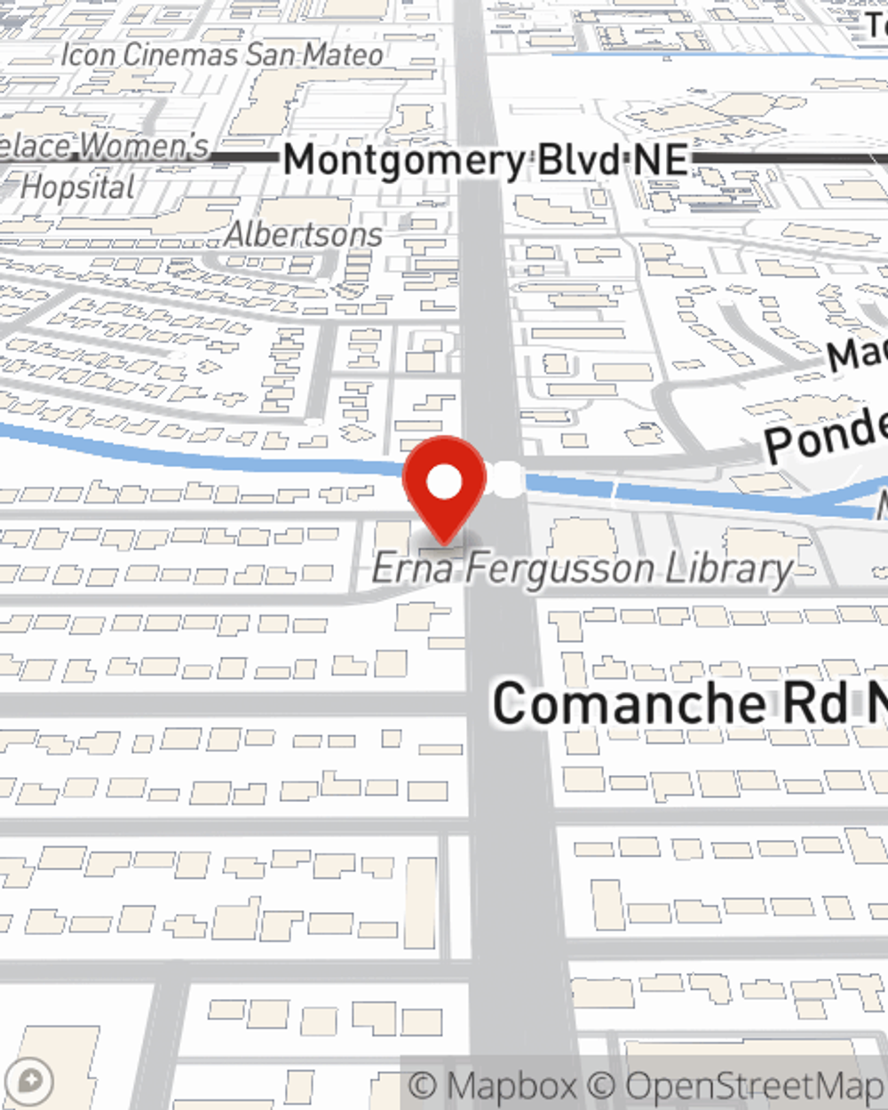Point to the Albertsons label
(304, 234)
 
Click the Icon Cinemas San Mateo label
(222, 55)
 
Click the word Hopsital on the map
(78, 187)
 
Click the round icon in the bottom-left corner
(30, 1082)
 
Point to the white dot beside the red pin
(507, 479)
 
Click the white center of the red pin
(445, 482)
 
